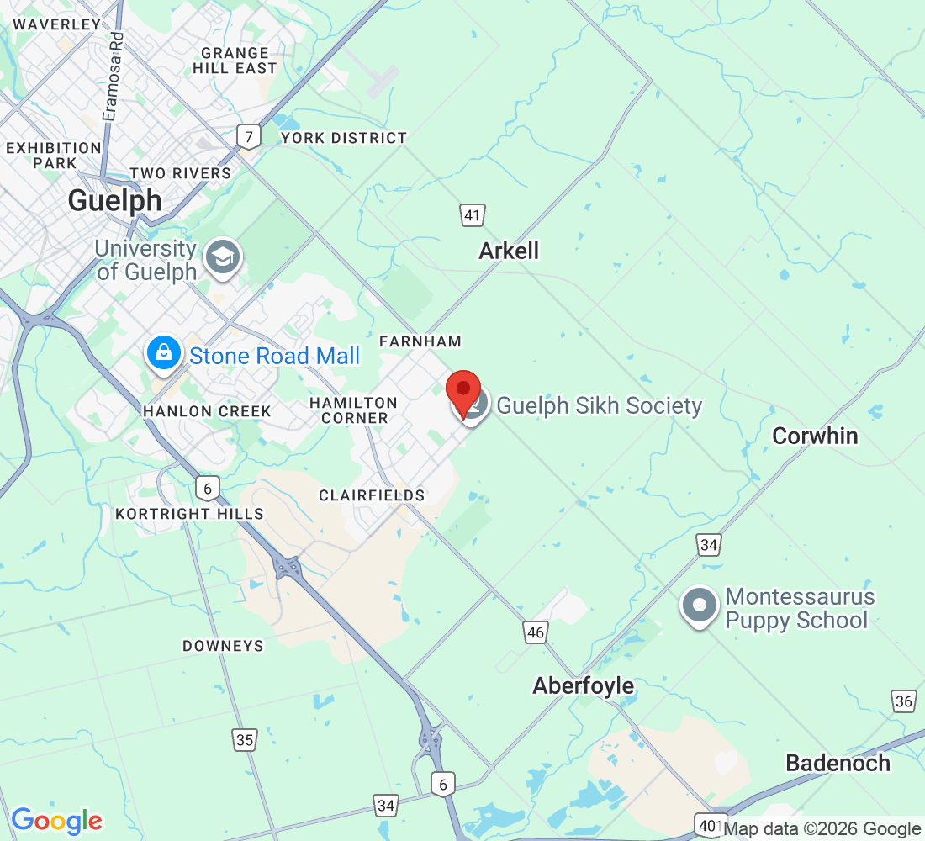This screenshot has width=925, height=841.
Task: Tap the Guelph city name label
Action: (x=114, y=200)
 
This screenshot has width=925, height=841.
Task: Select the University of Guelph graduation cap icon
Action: (x=225, y=258)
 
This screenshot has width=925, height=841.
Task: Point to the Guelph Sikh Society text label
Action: (x=599, y=405)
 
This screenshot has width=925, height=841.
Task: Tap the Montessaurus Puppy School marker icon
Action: (x=699, y=607)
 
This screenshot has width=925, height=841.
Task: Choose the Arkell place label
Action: (x=509, y=251)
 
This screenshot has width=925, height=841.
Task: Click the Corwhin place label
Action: (x=815, y=436)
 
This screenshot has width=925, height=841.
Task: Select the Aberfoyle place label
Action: (x=583, y=686)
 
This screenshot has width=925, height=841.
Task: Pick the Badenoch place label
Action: (x=838, y=763)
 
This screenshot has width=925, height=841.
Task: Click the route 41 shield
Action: (x=472, y=215)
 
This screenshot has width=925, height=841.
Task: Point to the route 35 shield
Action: (x=245, y=739)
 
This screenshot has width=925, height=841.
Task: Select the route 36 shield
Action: (x=904, y=701)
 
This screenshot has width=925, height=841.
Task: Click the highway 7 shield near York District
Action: (x=248, y=136)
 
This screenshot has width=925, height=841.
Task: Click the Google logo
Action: (x=57, y=820)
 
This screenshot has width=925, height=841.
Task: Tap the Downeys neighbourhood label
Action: (x=223, y=646)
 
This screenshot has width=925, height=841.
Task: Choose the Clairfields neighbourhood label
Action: (x=372, y=495)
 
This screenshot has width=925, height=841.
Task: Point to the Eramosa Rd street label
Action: (x=110, y=75)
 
